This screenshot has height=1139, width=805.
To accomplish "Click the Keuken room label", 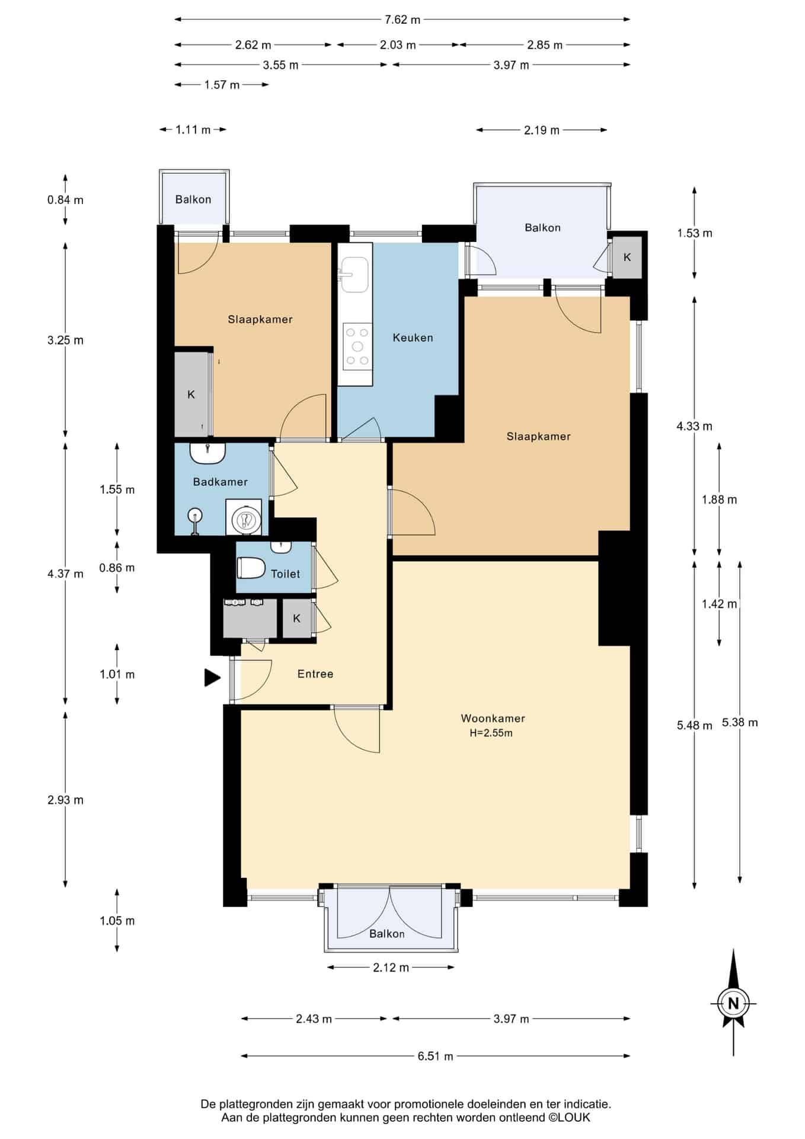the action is (413, 338).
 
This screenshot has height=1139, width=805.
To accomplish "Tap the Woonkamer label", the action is (493, 718).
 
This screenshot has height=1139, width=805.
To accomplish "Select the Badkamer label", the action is (221, 482).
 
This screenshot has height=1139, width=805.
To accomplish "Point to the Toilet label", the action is (285, 574).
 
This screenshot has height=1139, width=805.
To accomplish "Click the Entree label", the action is (315, 674).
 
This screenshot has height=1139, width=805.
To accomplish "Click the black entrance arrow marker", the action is (212, 677).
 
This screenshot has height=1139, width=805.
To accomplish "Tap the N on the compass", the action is (733, 1004).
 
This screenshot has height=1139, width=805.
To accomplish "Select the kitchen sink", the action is (355, 275).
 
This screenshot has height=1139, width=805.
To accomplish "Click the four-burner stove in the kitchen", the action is (357, 346).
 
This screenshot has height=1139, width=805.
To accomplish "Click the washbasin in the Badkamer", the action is (207, 453).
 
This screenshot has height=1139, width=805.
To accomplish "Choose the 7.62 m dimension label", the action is (402, 20).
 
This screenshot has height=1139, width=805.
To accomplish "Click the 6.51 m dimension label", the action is (435, 1056).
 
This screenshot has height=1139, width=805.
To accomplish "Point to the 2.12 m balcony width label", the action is (391, 968).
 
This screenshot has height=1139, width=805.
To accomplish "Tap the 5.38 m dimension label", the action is (740, 723).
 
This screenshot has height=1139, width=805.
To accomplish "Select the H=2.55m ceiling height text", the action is (491, 733).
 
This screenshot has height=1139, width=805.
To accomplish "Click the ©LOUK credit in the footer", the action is (569, 1118).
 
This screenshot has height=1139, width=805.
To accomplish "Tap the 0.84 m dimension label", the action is (65, 200).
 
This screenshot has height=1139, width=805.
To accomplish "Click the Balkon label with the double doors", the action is (386, 934).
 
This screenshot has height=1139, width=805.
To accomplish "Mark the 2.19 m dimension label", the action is (541, 130).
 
